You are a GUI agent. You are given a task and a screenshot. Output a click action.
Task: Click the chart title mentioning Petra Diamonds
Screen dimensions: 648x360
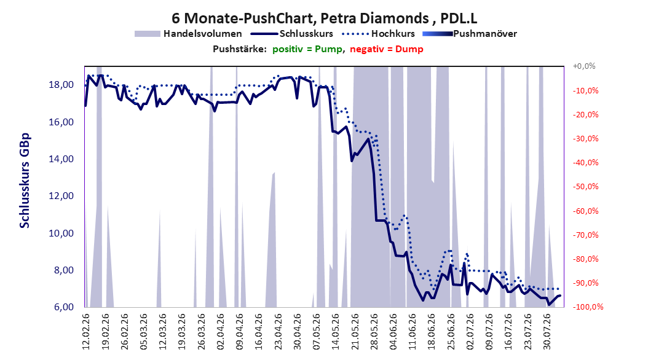pos(325,18)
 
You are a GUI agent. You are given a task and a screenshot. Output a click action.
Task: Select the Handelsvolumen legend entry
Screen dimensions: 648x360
pos(189,34)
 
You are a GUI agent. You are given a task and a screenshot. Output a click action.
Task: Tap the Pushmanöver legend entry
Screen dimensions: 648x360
pos(470,34)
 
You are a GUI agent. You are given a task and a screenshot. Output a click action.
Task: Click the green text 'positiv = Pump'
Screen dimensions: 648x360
pos(307,49)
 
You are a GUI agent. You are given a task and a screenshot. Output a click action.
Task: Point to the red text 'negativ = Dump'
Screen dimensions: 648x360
pos(387,49)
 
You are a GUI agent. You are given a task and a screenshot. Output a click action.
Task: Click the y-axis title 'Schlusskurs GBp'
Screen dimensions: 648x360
pos(25,181)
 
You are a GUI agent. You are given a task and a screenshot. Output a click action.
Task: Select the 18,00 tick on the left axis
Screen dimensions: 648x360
pos(61,85)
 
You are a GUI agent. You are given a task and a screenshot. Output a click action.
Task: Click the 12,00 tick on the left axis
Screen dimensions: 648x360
pos(61,196)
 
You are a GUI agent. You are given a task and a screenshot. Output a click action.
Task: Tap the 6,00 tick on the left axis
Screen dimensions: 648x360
pos(64,307)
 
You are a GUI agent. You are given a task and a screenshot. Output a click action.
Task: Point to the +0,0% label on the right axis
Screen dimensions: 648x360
pos(584,66)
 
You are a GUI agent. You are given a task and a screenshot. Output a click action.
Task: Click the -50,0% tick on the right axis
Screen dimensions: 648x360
pos(585,187)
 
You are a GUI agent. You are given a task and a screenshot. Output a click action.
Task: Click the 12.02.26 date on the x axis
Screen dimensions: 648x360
pos(86,332)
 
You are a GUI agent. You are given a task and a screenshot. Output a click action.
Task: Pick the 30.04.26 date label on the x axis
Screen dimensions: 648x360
pos(297,332)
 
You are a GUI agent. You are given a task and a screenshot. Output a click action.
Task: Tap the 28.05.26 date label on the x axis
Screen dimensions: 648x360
pos(374,332)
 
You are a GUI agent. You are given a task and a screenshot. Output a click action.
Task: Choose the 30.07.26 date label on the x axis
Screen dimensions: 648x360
pos(547,332)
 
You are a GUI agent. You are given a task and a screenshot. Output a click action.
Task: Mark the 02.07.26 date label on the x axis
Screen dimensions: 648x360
pos(470,332)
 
